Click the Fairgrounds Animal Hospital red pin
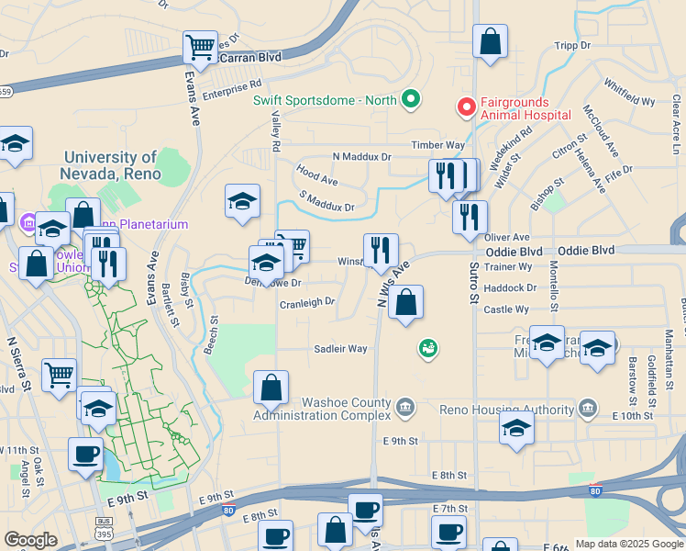click(466, 108)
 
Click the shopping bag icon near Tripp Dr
click(490, 40)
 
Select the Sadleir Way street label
click(340, 349)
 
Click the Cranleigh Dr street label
click(307, 301)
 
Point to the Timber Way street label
click(438, 145)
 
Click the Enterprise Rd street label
click(232, 89)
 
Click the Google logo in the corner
click(30, 540)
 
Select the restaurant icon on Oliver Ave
click(470, 217)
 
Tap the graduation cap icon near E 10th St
click(517, 428)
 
